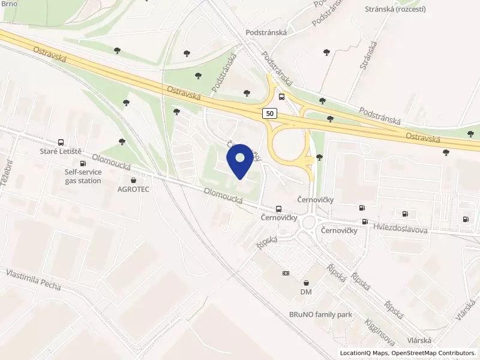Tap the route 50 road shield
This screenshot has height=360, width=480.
(269, 113)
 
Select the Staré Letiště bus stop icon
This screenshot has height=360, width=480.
(61, 142)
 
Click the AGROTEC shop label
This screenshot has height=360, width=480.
(132, 188)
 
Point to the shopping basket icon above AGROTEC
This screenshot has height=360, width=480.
(132, 179)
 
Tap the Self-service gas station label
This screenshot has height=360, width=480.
(83, 176)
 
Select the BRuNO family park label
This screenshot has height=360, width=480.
(320, 314)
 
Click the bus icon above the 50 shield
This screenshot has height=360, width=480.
(281, 97)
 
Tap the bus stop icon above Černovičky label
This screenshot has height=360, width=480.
(278, 209)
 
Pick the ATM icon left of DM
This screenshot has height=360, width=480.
(286, 273)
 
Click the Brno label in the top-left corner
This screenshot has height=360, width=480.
(9, 4)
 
